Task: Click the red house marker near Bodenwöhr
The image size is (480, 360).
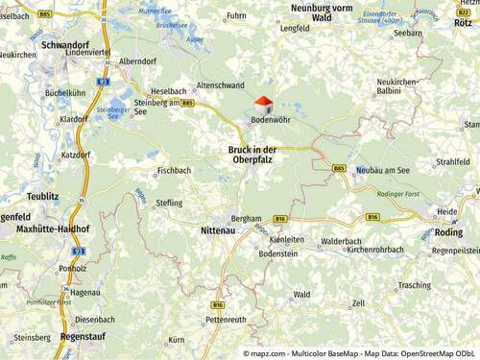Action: [263, 104]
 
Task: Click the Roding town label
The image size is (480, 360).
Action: [447, 231]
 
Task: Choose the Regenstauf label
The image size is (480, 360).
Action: [82, 337]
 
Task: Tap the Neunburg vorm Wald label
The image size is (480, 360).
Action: [325, 12]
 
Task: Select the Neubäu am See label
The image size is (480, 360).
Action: [382, 169]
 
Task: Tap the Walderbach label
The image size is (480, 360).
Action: [341, 241]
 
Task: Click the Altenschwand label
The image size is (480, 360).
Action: [220, 85]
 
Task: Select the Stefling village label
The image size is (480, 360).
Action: [169, 204]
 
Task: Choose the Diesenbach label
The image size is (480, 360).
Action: [95, 319]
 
